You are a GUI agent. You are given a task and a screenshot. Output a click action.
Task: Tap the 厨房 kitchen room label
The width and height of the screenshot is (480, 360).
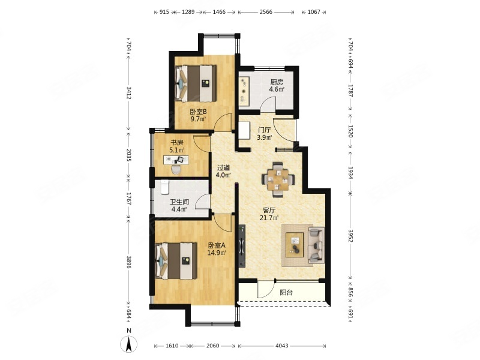(277, 82)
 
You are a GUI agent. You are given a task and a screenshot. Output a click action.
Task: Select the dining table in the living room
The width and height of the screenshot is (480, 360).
(278, 179)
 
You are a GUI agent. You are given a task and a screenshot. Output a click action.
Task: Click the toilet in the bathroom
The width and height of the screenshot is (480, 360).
(165, 187)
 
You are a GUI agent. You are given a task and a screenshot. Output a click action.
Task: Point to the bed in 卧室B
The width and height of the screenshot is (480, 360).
(196, 83)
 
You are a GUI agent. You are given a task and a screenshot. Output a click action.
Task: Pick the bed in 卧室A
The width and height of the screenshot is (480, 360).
(176, 261)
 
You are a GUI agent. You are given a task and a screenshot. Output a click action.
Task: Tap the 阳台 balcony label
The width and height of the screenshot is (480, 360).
(286, 293)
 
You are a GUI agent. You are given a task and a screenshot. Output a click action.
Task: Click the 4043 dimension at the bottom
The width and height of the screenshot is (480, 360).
(281, 346)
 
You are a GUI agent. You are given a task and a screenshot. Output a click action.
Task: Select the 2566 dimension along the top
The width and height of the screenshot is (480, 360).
(266, 12)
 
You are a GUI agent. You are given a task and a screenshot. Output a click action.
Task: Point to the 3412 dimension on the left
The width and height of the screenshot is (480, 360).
(129, 93)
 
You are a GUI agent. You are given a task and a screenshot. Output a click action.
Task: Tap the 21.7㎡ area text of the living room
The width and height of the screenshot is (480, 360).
(269, 218)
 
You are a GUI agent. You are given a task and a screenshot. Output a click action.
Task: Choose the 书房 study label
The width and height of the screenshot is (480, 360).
(176, 143)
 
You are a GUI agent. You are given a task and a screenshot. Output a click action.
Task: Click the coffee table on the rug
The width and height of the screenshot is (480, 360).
(295, 245)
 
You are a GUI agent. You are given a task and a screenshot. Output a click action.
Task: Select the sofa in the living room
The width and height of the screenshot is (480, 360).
(316, 245)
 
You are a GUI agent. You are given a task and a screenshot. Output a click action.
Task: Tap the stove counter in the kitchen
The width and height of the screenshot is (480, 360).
(244, 89)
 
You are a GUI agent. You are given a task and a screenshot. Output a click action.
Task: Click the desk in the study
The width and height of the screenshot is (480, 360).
(176, 160)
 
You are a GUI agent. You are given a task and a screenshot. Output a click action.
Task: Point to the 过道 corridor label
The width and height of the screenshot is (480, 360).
(223, 168)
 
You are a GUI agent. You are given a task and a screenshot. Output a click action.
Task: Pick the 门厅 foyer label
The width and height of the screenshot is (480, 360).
(264, 130)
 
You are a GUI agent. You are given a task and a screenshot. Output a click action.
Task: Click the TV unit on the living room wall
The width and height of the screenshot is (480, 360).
(242, 245)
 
